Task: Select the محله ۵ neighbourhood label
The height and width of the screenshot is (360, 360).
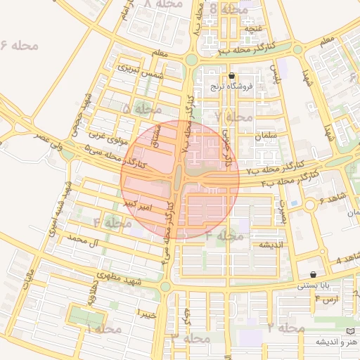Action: [141, 109]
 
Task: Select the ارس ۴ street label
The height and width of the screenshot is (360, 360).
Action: [326, 300]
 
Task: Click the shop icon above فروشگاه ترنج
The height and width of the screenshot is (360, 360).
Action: [232, 76]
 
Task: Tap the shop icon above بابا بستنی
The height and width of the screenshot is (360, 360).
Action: [313, 275]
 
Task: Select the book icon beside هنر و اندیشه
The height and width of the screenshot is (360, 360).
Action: [350, 331]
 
